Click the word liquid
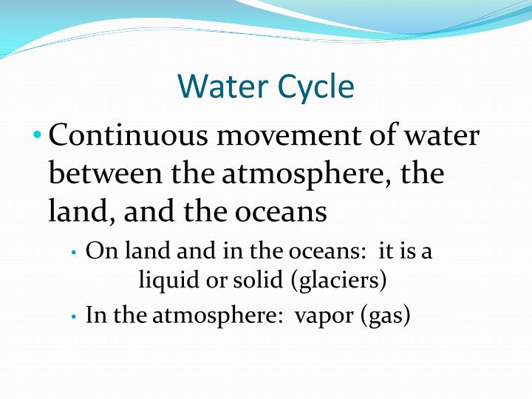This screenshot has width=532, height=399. click(x=162, y=281)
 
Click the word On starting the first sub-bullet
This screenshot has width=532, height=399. click(x=98, y=251)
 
